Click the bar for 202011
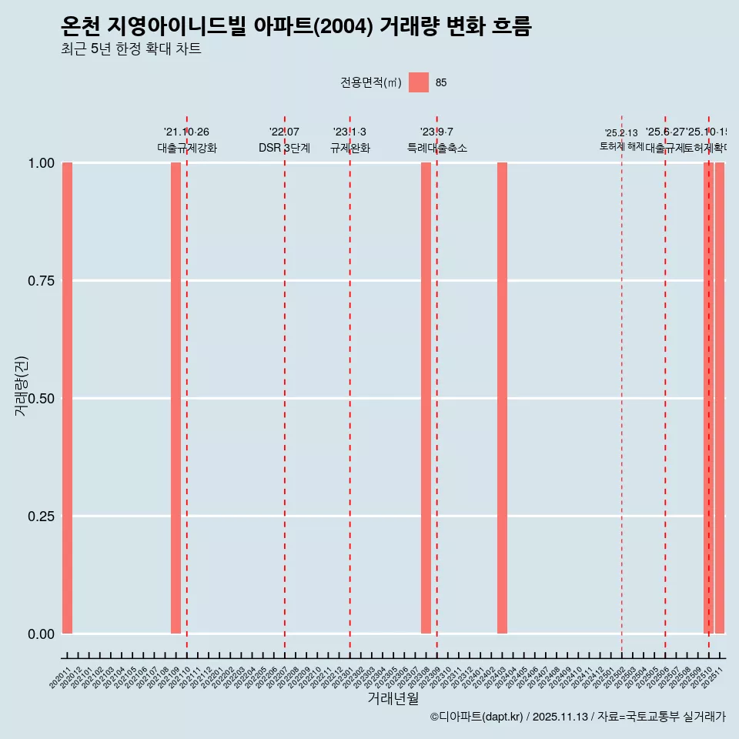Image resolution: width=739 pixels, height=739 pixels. click(x=67, y=398)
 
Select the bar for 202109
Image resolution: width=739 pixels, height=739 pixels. click(x=176, y=398)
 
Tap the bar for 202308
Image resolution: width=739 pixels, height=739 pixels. click(x=426, y=398)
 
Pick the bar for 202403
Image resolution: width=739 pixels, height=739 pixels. click(x=502, y=398)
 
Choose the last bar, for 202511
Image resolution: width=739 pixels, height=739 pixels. click(x=720, y=398)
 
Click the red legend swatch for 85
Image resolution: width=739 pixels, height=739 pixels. click(x=419, y=82)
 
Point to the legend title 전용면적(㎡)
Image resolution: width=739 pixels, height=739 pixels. click(x=371, y=82)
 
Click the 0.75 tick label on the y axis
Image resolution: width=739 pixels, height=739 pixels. click(x=41, y=281)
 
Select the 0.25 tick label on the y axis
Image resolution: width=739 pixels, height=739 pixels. click(x=41, y=516)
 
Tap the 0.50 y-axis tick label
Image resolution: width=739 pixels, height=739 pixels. click(x=41, y=398)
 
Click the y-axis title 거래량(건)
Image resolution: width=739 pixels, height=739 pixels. click(x=21, y=386)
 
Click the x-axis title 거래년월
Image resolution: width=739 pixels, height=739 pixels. click(x=393, y=698)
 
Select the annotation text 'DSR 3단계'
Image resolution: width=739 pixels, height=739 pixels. click(x=284, y=148)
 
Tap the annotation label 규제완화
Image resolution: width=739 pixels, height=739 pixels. click(x=350, y=148)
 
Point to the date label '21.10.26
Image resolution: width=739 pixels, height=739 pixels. click(x=186, y=132)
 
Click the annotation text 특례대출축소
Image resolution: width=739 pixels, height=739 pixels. click(x=437, y=148)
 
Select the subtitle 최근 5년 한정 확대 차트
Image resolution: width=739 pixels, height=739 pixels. click(x=131, y=49)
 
